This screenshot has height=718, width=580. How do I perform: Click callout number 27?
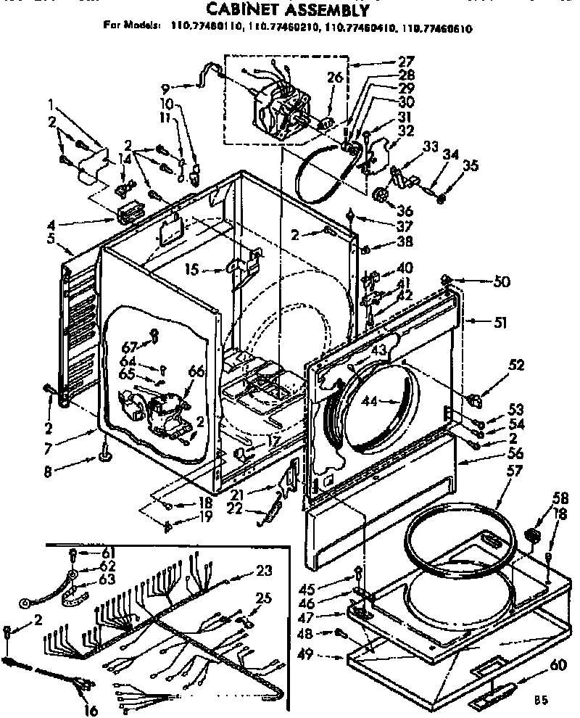(x=407, y=62)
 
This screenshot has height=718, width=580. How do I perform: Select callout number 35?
(x=471, y=165)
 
